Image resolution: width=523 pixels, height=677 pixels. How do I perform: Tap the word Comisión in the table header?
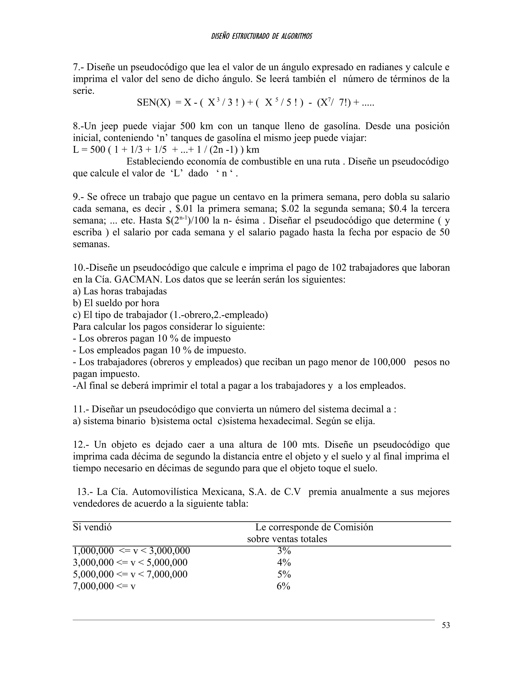tap(353, 527)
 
